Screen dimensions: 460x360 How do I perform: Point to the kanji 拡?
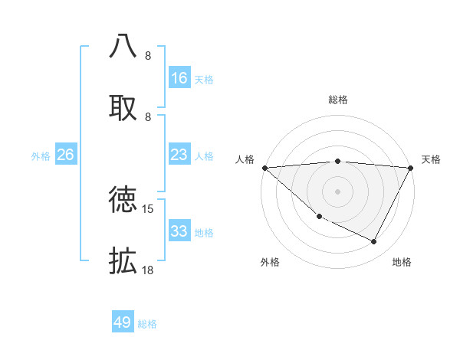click(123, 260)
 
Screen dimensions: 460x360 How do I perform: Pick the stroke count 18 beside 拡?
click(149, 270)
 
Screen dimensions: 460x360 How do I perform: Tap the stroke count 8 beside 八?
click(147, 56)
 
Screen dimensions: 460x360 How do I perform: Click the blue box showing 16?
click(179, 78)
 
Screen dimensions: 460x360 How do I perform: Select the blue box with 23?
click(179, 155)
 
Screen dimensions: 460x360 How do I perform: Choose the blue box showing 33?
click(179, 231)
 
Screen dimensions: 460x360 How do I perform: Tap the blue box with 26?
click(66, 155)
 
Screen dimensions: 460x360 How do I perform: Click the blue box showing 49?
click(123, 322)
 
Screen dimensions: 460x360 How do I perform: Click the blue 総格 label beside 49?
click(148, 324)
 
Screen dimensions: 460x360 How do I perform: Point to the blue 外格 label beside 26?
click(41, 156)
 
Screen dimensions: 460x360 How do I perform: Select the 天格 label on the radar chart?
click(431, 159)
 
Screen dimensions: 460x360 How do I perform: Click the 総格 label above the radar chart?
click(338, 100)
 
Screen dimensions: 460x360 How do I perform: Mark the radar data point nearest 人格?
click(264, 168)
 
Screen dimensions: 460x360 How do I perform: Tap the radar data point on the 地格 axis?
click(374, 242)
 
